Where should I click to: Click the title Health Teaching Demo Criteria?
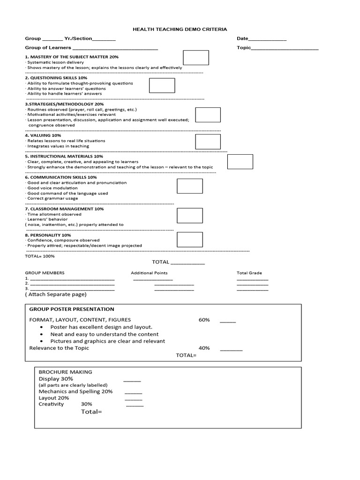coord(180,29)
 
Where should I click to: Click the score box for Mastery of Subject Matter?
coord(195,58)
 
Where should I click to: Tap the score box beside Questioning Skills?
coord(162,85)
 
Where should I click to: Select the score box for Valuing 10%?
coord(208,142)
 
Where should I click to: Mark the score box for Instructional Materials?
coord(240,162)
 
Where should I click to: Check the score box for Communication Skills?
coord(190,186)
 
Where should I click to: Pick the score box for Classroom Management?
coord(190,216)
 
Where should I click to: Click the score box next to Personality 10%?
coord(190,240)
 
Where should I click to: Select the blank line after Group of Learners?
coord(115,48)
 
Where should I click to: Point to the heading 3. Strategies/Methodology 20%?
coord(64,104)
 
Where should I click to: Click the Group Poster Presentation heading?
coord(72,309)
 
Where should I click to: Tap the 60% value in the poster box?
coord(204,320)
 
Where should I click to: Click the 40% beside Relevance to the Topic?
coord(204,348)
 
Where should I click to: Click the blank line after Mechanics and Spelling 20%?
coord(133,392)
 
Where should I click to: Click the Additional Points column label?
coord(149,273)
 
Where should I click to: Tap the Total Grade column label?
coord(249,273)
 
